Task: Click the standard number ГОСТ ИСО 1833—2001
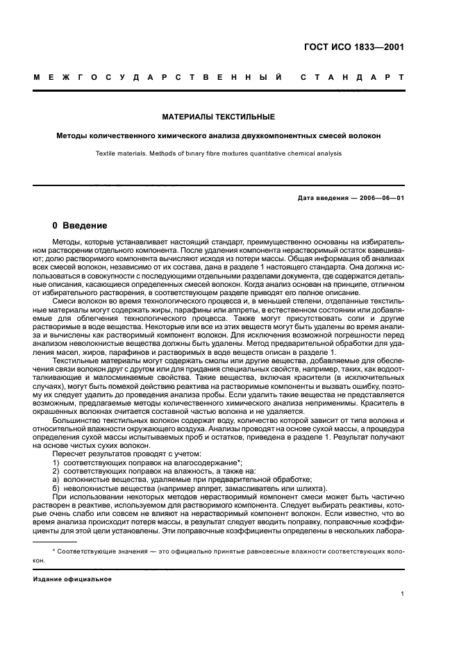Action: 354,48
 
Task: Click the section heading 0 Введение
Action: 80,226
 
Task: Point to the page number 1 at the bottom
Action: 403,594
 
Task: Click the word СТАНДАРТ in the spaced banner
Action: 353,76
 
